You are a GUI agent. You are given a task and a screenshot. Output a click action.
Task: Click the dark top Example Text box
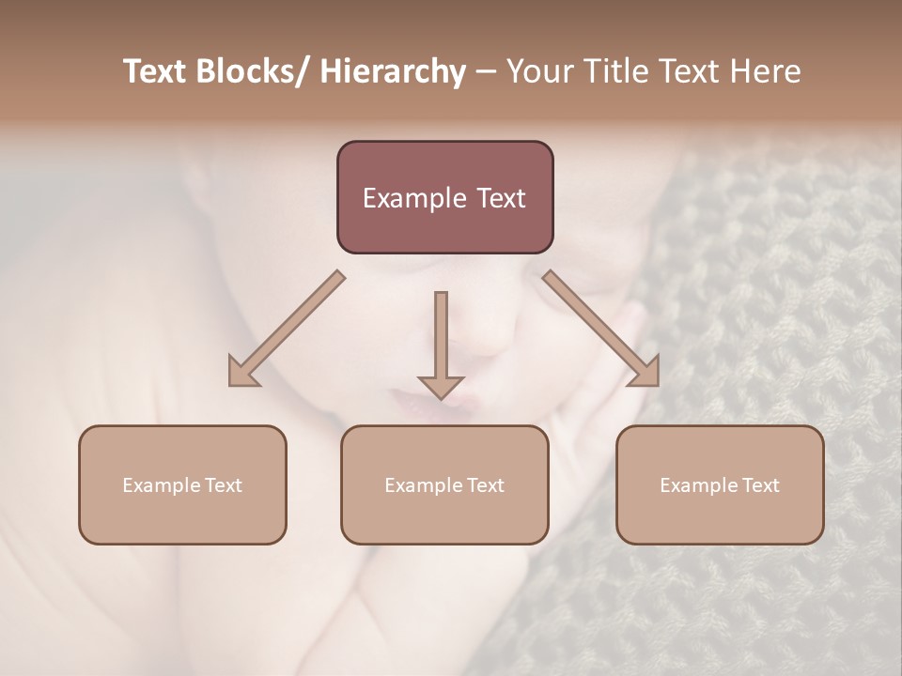[444, 197]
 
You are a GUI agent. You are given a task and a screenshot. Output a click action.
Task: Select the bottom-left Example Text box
[182, 484]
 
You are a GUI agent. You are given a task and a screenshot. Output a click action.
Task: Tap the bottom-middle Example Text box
[444, 484]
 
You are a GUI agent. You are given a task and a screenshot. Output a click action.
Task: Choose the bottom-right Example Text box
[720, 484]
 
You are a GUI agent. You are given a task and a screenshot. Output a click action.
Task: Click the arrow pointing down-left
[287, 329]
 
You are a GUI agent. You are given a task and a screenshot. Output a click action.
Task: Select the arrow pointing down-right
[601, 329]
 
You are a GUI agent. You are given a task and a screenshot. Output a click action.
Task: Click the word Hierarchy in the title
[393, 71]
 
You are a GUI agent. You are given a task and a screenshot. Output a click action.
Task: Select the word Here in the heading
[766, 71]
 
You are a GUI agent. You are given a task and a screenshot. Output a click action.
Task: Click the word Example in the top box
[414, 198]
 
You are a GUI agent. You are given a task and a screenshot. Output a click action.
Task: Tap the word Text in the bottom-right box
[760, 485]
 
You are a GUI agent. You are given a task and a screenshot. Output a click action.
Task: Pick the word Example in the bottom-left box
[161, 485]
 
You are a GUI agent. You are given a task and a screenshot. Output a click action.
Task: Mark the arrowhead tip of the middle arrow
[441, 398]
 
